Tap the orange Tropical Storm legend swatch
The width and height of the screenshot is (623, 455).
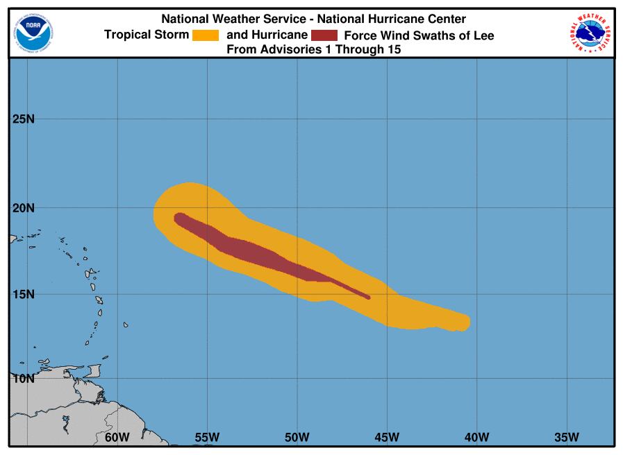point(206,35)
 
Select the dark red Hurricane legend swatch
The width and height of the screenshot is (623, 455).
point(324,35)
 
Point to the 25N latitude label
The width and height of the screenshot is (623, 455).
point(24,119)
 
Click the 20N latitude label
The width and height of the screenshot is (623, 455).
point(24,208)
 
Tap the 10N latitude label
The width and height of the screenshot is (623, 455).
point(24,379)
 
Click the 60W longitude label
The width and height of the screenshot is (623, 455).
point(117,437)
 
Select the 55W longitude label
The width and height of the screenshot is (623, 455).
point(207,437)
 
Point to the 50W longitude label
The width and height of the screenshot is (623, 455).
point(297,437)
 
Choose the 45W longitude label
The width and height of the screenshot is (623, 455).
point(387,437)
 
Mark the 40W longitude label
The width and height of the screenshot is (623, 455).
point(477,437)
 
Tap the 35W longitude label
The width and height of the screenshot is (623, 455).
point(567,437)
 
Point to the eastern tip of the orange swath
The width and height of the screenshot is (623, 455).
point(469,323)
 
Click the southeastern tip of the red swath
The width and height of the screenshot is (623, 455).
point(369,298)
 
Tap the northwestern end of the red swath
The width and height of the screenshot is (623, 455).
point(177,217)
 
